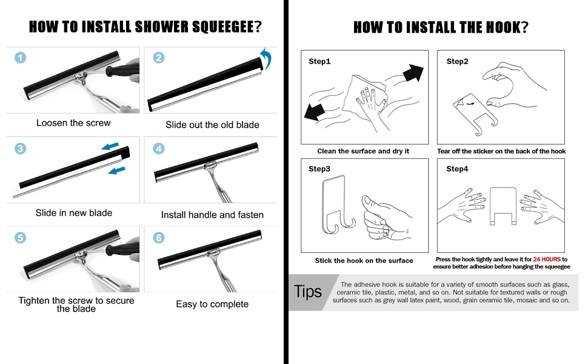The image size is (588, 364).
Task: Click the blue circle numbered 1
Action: click(21, 58)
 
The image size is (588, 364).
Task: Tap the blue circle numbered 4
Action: click(159, 149)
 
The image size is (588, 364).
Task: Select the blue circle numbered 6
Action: click(159, 238)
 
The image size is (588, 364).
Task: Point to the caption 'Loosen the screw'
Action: click(73, 123)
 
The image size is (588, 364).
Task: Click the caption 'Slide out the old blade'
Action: click(212, 125)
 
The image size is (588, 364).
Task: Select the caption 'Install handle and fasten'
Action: click(212, 215)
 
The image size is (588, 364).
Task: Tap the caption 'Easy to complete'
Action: click(212, 304)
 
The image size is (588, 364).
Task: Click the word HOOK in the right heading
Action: click(498, 27)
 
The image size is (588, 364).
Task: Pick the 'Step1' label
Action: click(319, 61)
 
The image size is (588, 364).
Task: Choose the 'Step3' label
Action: click(319, 169)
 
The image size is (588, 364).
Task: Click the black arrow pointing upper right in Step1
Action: click(412, 72)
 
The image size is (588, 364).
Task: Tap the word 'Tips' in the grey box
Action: click(308, 292)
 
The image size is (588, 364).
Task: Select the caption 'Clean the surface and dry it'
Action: click(362, 151)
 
